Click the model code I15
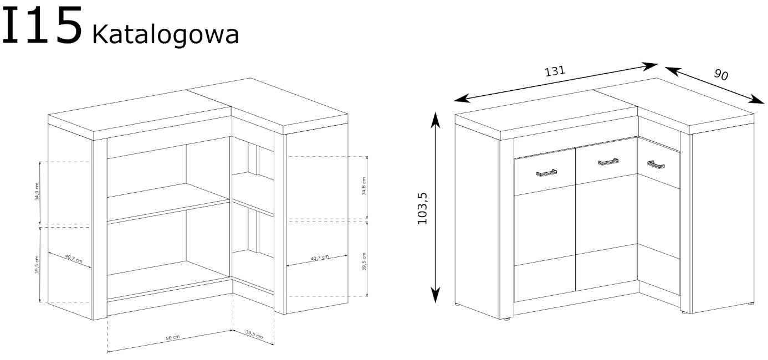click(43, 25)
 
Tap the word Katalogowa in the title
click(166, 34)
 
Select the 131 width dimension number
click(556, 71)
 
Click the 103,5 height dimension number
click(423, 207)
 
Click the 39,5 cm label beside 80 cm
click(254, 333)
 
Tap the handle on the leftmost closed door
click(546, 173)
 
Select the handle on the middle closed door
click(608, 162)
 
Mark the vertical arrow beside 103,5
click(436, 207)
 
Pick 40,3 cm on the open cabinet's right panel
click(320, 258)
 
